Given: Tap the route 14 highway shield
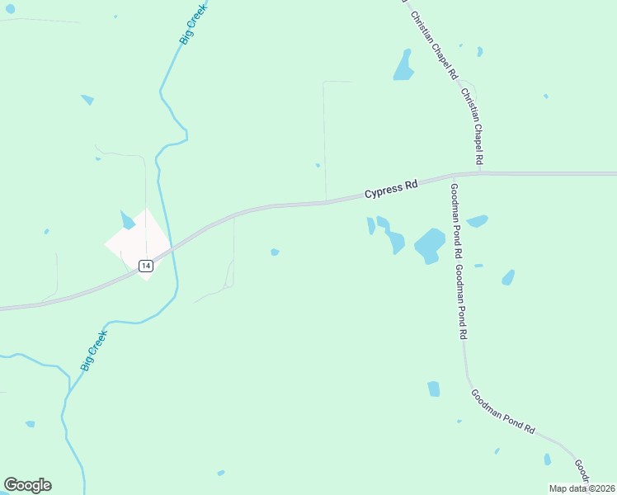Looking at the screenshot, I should [145, 266].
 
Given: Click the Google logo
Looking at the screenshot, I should [27, 485].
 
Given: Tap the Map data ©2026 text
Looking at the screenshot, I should [582, 488].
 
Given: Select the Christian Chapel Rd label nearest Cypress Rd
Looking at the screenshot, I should [473, 125].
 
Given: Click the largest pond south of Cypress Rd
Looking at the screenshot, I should [430, 245].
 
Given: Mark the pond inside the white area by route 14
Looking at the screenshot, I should [127, 220].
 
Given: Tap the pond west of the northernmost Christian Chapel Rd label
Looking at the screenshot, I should [403, 66].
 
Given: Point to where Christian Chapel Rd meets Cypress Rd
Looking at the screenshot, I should [482, 173].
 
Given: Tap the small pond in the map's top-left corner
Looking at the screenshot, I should [10, 9].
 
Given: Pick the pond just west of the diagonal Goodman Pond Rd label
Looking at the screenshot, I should [434, 389].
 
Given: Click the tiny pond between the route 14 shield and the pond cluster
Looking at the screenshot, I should [275, 252].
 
